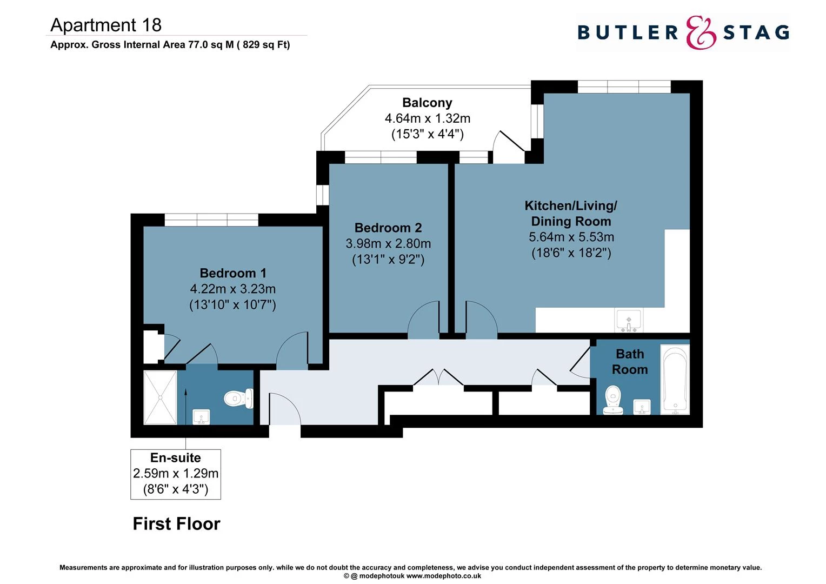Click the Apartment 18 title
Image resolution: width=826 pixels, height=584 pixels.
pyautogui.click(x=106, y=25)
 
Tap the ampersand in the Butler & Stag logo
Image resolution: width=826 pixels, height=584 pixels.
pyautogui.click(x=701, y=32)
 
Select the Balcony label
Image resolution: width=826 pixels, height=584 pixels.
pyautogui.click(x=427, y=103)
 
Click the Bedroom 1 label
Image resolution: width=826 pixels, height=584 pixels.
pyautogui.click(x=233, y=273)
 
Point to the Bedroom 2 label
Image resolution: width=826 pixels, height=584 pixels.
pyautogui.click(x=388, y=228)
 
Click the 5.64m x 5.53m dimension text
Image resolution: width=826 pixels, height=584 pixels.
pyautogui.click(x=571, y=237)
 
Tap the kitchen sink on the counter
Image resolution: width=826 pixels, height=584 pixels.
pyautogui.click(x=628, y=320)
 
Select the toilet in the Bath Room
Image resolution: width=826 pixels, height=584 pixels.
pyautogui.click(x=613, y=399)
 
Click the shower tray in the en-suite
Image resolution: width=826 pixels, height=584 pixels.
pyautogui.click(x=160, y=397)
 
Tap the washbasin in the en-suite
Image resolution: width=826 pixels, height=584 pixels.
pyautogui.click(x=201, y=417)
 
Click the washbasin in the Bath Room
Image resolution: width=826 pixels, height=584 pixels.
pyautogui.click(x=642, y=407)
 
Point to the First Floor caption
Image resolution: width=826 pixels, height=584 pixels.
pyautogui.click(x=176, y=523)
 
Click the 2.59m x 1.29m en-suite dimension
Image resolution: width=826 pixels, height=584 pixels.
pyautogui.click(x=176, y=474)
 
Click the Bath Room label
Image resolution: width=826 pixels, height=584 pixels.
pyautogui.click(x=630, y=362)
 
